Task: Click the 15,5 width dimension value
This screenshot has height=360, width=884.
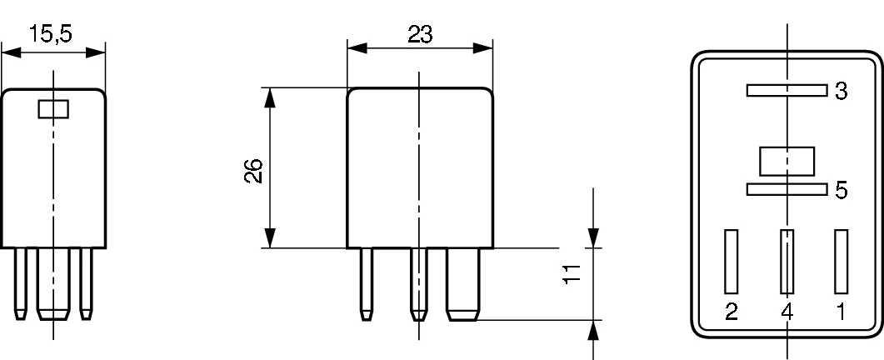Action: (x=50, y=34)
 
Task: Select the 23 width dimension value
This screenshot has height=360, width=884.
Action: (x=420, y=35)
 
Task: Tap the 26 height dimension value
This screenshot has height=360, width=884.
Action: (x=253, y=171)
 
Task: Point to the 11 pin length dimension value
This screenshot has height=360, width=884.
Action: (x=572, y=273)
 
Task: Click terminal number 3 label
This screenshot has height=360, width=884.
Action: (x=842, y=91)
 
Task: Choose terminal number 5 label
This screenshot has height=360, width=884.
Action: (x=842, y=190)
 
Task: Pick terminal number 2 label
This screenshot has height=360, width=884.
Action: (x=732, y=312)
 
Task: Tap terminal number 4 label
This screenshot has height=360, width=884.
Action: (x=787, y=312)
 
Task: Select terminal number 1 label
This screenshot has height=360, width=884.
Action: (x=841, y=312)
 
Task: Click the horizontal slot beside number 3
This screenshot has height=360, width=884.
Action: (x=787, y=90)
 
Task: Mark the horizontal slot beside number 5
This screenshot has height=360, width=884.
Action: (x=787, y=190)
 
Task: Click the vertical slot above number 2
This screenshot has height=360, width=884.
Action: (x=732, y=262)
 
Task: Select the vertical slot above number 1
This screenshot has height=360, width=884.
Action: (x=842, y=262)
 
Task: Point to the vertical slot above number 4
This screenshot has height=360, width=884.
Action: (x=787, y=262)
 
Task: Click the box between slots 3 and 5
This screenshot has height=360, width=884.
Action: (x=787, y=162)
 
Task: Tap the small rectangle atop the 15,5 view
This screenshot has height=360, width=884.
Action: (x=53, y=109)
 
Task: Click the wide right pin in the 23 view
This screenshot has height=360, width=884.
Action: (x=463, y=284)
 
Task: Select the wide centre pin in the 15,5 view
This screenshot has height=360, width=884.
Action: (x=53, y=284)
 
